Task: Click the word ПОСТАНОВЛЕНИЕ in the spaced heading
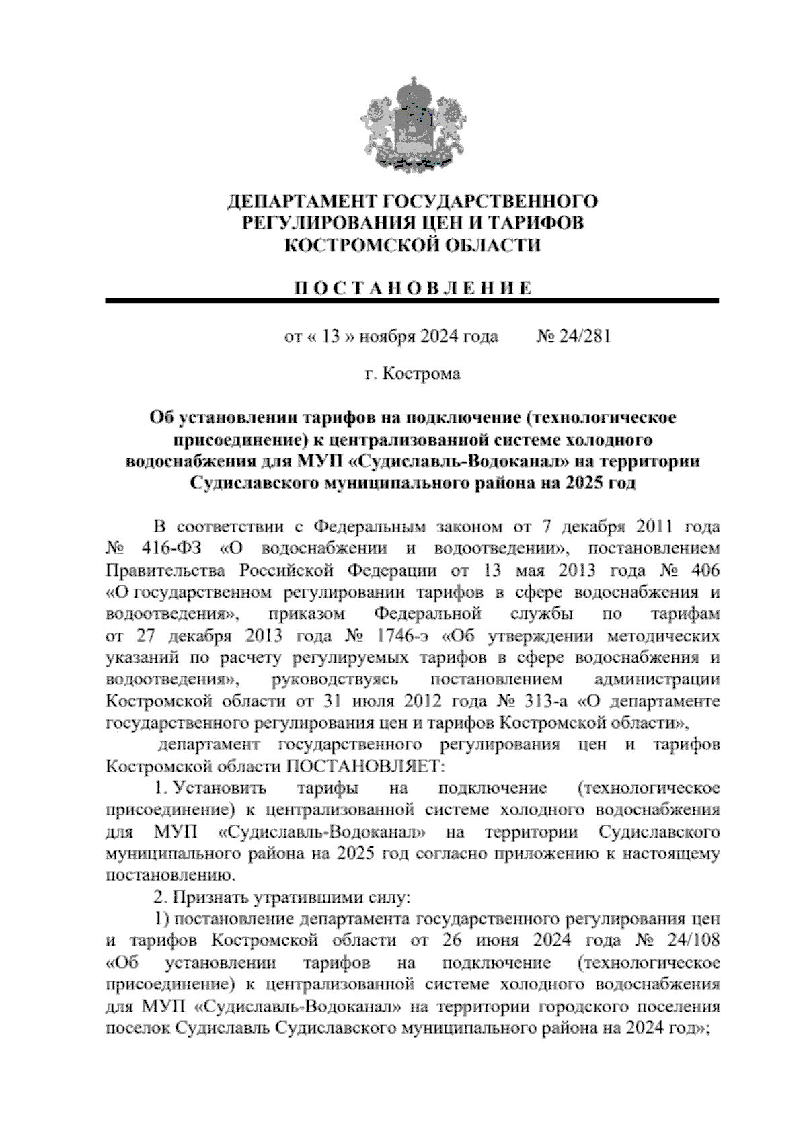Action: click(414, 288)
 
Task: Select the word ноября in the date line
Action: click(388, 336)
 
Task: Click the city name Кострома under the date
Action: click(421, 374)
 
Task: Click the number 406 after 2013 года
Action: click(705, 570)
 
